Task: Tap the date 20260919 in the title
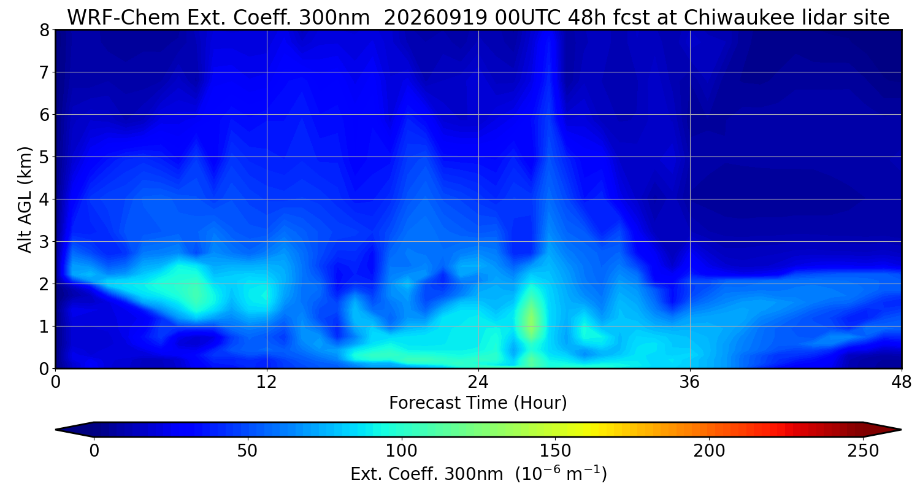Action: pyautogui.click(x=435, y=18)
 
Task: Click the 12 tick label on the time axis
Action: pyautogui.click(x=267, y=382)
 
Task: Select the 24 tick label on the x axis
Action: pyautogui.click(x=478, y=382)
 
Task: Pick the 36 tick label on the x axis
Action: pyautogui.click(x=689, y=382)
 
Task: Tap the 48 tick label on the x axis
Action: pyautogui.click(x=902, y=382)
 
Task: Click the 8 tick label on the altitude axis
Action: pyautogui.click(x=44, y=30)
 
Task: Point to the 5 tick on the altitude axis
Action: pyautogui.click(x=44, y=157)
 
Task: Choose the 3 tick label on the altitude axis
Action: pyautogui.click(x=44, y=242)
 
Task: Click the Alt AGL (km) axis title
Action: pyautogui.click(x=25, y=199)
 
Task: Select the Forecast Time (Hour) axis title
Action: pyautogui.click(x=478, y=403)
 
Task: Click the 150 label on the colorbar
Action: pyautogui.click(x=555, y=451)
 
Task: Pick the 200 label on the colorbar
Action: pyautogui.click(x=709, y=451)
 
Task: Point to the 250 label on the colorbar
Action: pyautogui.click(x=863, y=451)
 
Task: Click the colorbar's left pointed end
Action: pyautogui.click(x=56, y=430)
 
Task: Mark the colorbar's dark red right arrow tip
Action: pyautogui.click(x=901, y=430)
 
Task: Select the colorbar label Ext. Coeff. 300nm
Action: pyautogui.click(x=427, y=474)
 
